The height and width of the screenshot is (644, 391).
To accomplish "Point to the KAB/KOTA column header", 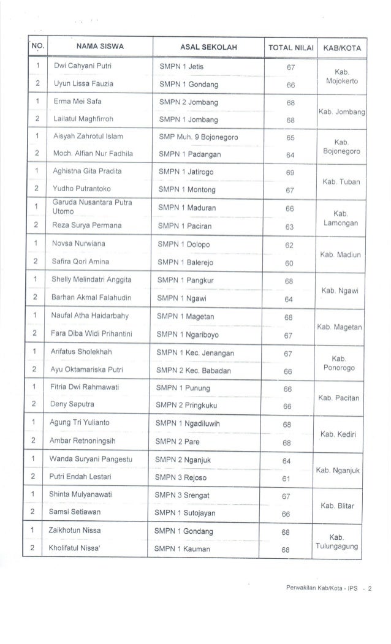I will click(343, 47).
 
